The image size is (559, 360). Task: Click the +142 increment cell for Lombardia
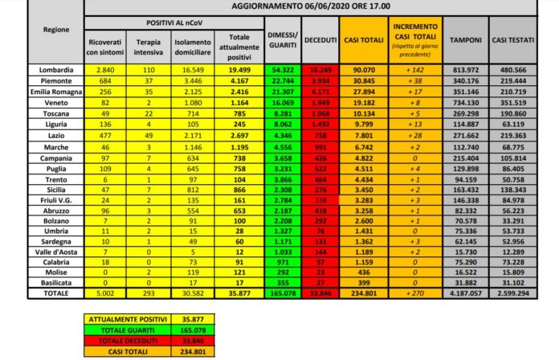[x=414, y=71]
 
